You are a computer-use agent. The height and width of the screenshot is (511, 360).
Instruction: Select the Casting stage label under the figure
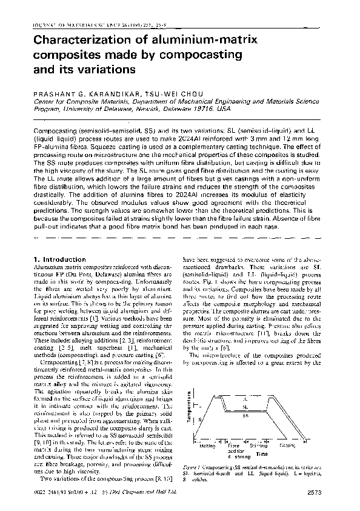(x=288, y=446)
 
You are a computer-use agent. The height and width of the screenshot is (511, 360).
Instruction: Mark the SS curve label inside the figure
(x=244, y=416)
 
